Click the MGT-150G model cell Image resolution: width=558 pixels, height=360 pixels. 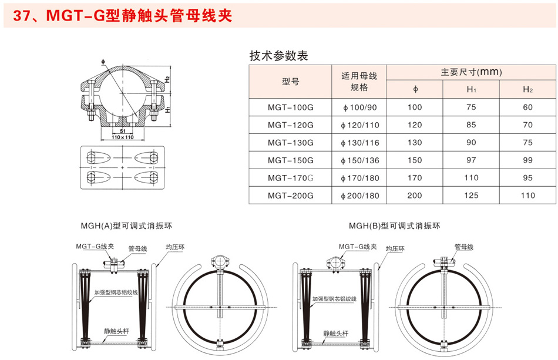coord(290,160)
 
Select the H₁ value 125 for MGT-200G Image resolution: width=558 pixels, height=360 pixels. coord(471,196)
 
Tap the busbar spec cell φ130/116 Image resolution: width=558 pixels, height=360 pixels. coord(359,143)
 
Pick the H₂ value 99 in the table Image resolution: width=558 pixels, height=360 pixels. coord(528,160)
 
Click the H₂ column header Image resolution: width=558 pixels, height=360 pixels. coord(528,89)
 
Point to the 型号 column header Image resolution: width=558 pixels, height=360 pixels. coord(290,82)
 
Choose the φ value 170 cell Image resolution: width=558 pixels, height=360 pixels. coord(415,178)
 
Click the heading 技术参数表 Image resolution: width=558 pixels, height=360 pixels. coord(278,56)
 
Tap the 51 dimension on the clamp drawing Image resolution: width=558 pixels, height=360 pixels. coord(123,132)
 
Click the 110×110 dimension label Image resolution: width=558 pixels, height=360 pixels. coord(123,137)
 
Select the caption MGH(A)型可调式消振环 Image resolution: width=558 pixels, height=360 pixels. coord(126,226)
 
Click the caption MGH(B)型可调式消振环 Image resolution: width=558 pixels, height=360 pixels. coord(394,226)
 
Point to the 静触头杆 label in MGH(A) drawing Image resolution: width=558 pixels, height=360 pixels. coord(116,331)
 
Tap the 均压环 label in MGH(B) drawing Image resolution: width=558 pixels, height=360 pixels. coord(395,248)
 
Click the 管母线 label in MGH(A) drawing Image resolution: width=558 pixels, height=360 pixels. coord(137,248)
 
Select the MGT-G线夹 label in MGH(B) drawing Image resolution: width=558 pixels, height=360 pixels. coord(358,247)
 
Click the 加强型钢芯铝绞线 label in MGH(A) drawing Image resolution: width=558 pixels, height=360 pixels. coord(116,292)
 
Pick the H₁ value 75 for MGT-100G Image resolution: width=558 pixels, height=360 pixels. coord(471,107)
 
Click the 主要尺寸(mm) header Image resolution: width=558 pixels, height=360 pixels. coord(471,72)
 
